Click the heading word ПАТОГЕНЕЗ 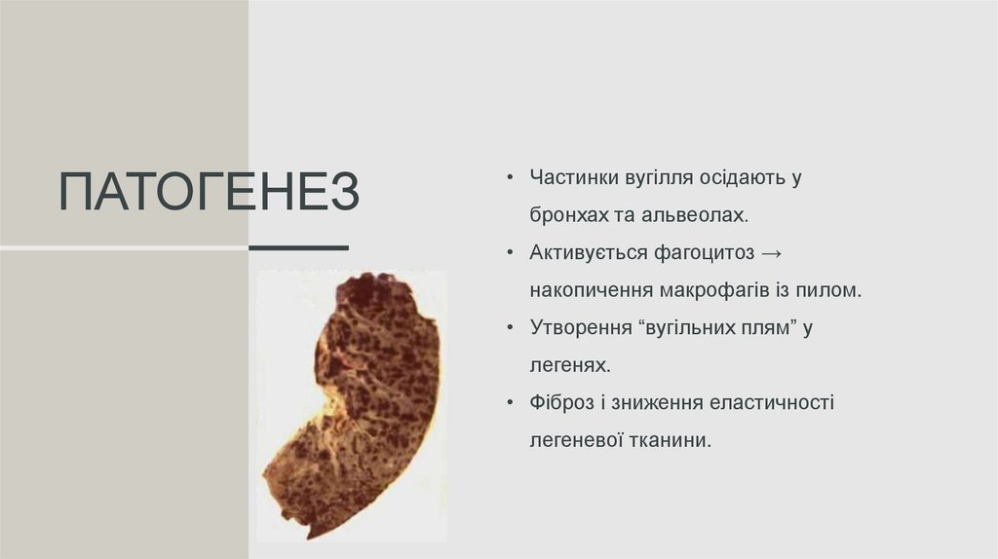pos(209,193)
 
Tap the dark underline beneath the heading pos(298,248)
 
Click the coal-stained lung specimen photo pos(353,404)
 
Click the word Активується pos(583,253)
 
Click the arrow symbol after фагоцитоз pos(770,253)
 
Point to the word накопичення pos(591,290)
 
